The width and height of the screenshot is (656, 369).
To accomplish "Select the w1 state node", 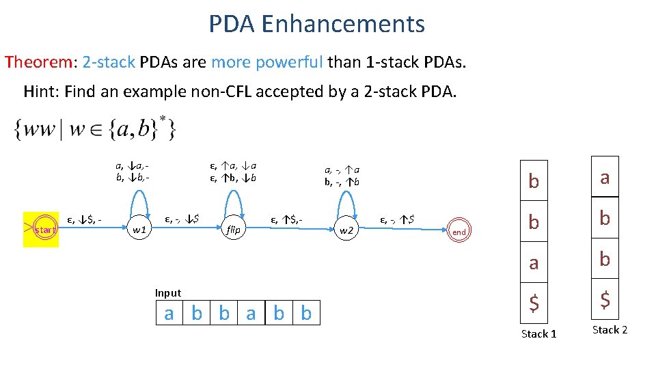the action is [x=139, y=230].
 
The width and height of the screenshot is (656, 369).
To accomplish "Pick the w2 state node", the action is [x=347, y=230].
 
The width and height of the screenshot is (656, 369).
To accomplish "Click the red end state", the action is [x=459, y=232].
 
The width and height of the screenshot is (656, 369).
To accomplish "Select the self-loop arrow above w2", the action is [x=347, y=200].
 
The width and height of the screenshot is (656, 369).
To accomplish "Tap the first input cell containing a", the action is [x=169, y=314].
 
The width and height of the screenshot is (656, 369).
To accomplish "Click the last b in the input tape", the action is [x=306, y=314].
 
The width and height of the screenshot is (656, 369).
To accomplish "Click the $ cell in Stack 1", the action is [x=534, y=301].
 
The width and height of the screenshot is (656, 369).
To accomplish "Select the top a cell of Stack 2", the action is [x=605, y=178].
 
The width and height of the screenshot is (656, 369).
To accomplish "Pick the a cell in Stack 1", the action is [x=534, y=261].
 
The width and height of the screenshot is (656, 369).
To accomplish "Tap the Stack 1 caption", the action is [x=538, y=333].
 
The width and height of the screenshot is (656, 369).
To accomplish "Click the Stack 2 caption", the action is [x=610, y=330].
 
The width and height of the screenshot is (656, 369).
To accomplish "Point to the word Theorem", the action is [x=39, y=62].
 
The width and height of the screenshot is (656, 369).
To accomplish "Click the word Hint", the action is [x=41, y=91].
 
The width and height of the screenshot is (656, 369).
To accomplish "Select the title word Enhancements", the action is [x=343, y=24].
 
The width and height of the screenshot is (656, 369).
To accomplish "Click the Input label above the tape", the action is [x=168, y=293].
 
